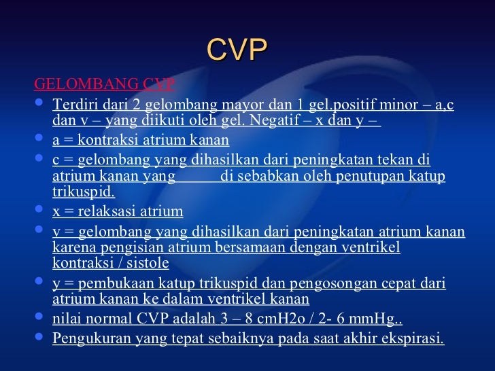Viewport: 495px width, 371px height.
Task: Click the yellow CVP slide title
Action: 237,50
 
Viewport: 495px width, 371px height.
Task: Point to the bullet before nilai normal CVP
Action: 39,317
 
